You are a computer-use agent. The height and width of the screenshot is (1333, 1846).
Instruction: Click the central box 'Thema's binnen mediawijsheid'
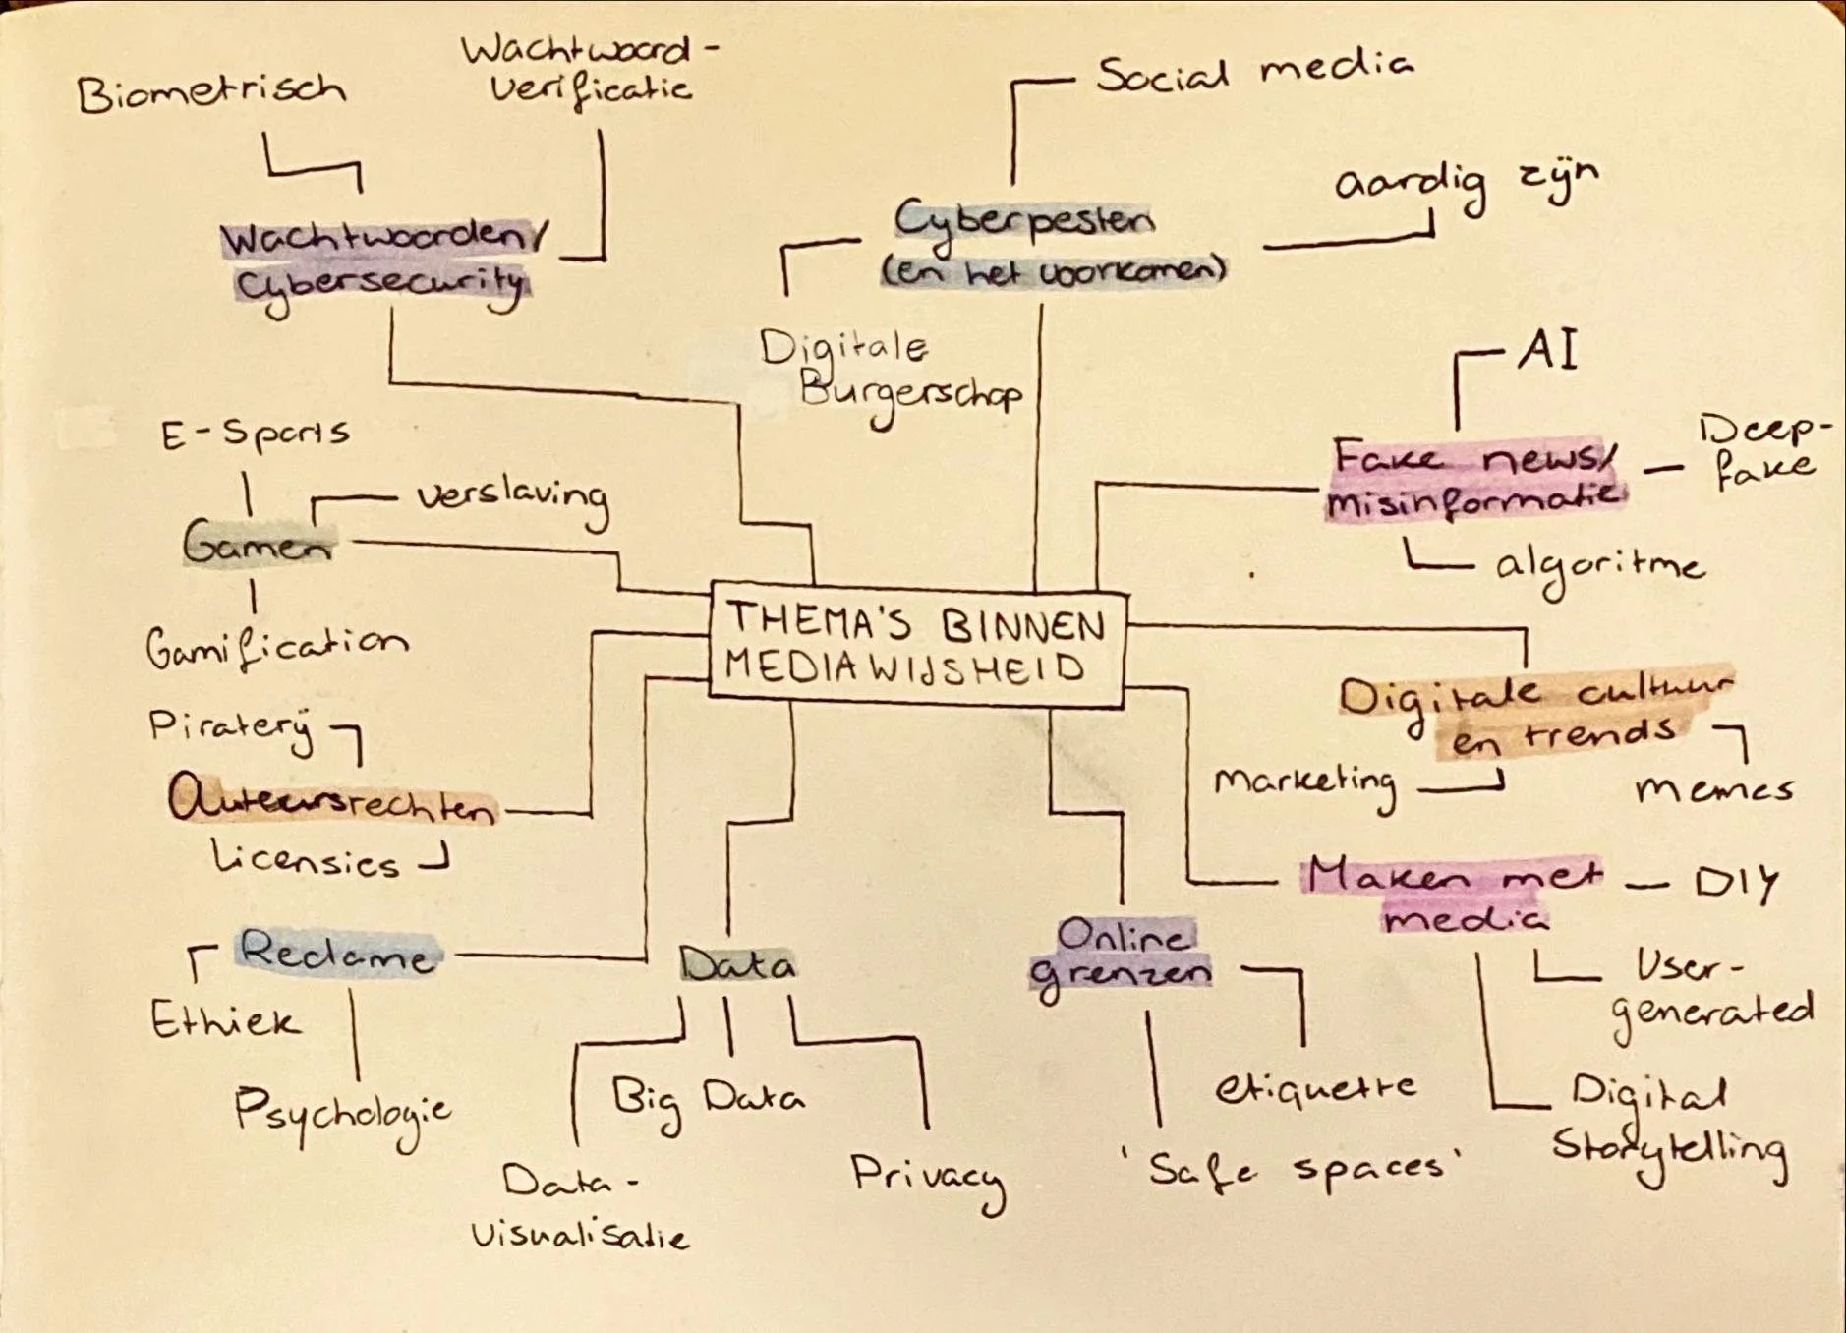tap(916, 646)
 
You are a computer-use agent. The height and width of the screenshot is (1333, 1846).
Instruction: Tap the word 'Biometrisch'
tap(211, 93)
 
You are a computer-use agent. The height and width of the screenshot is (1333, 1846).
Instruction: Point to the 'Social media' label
tap(1254, 72)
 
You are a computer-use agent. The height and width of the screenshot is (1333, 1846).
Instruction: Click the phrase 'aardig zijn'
tap(1465, 184)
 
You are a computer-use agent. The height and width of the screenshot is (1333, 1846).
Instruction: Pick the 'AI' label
tap(1547, 351)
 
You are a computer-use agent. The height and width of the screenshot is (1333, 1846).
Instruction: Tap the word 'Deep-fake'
tap(1764, 452)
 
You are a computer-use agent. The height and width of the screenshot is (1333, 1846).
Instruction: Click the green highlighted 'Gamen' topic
tap(258, 543)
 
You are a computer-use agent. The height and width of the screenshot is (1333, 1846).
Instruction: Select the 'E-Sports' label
tap(255, 434)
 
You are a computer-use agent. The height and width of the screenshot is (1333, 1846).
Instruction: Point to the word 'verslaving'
tap(512, 499)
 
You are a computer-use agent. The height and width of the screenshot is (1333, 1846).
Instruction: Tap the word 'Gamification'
tap(276, 647)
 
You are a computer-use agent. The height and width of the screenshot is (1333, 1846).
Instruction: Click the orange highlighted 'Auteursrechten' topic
tap(332, 801)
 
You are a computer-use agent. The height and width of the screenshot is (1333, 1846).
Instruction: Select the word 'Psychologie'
tap(342, 1112)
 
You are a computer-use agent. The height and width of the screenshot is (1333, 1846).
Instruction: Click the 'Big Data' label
tap(706, 1099)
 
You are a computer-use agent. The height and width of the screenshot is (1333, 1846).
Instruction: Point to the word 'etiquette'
tap(1315, 1087)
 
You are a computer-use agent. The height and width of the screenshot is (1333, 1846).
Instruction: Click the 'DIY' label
tap(1736, 882)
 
